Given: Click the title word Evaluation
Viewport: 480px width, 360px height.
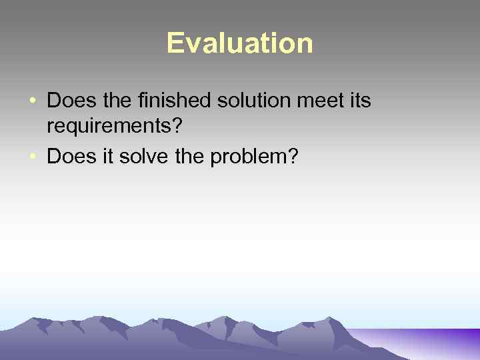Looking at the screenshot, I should pos(239,43).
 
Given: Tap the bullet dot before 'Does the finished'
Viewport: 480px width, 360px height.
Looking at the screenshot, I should pos(33,102).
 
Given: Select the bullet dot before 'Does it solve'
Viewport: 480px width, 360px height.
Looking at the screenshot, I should pos(33,158).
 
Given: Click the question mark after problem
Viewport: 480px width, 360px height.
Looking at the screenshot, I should pos(293,158).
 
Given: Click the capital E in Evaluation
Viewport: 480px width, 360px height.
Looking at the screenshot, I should pos(175,43).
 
